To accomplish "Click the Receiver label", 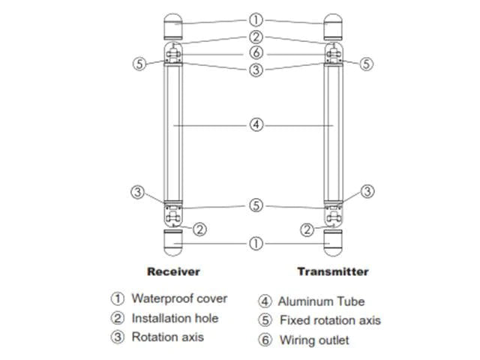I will tap(173, 271).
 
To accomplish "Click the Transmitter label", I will tap(333, 271).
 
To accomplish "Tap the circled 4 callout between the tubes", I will tap(256, 125).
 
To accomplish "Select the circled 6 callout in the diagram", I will tap(256, 53).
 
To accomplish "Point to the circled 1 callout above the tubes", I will tap(256, 21).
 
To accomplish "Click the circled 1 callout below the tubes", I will tap(256, 244).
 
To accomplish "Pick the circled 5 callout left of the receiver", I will tap(139, 64).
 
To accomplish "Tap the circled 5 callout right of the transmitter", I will tap(366, 64).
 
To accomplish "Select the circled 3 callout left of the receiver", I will tap(136, 192).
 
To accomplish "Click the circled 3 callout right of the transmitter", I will tap(367, 192).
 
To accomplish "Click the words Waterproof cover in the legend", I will tap(179, 298).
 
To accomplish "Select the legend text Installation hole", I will tap(175, 318).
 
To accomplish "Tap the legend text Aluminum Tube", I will tap(321, 301).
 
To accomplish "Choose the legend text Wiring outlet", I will tap(314, 340).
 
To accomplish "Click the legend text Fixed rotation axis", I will tap(330, 321).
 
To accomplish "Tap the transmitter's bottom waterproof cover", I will tap(333, 242).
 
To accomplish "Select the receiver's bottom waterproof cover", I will tap(174, 242).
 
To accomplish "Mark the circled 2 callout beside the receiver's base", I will tap(199, 229).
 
